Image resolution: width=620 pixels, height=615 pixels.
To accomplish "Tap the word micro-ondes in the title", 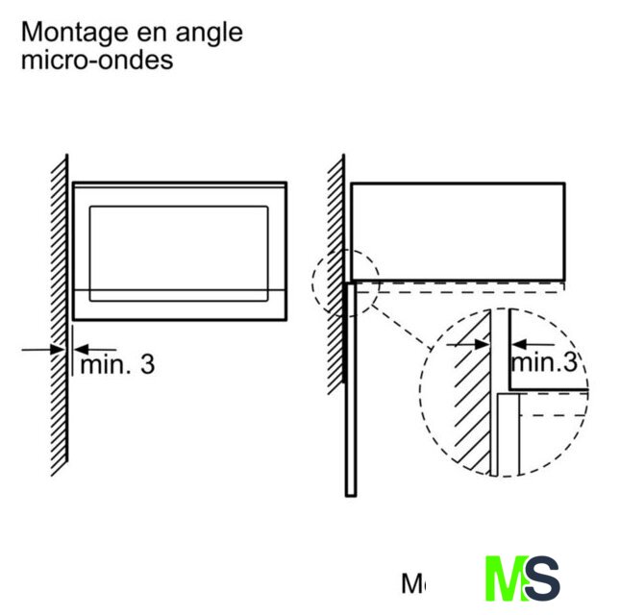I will tap(97, 59).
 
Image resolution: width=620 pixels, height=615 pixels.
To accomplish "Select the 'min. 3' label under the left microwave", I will tap(116, 364).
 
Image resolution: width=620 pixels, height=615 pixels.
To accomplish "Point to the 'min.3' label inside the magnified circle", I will tap(544, 362).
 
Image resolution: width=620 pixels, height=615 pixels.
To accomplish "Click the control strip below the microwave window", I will tap(179, 304).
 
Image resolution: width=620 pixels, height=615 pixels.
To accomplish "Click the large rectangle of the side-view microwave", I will tap(457, 231).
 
